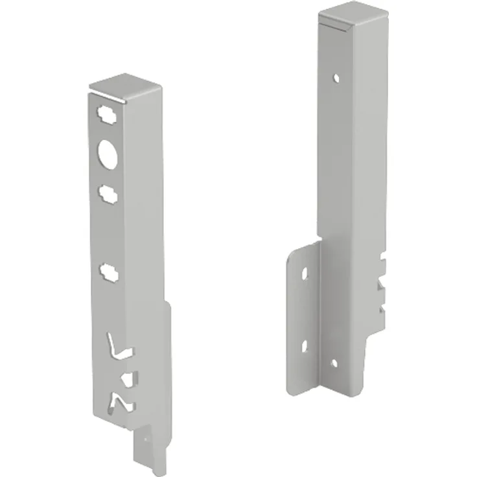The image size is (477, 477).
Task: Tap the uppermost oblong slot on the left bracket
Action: coord(106,114)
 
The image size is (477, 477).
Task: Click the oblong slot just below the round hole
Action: coord(108,192)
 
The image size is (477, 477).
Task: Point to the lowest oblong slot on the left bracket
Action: coord(109,271)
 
